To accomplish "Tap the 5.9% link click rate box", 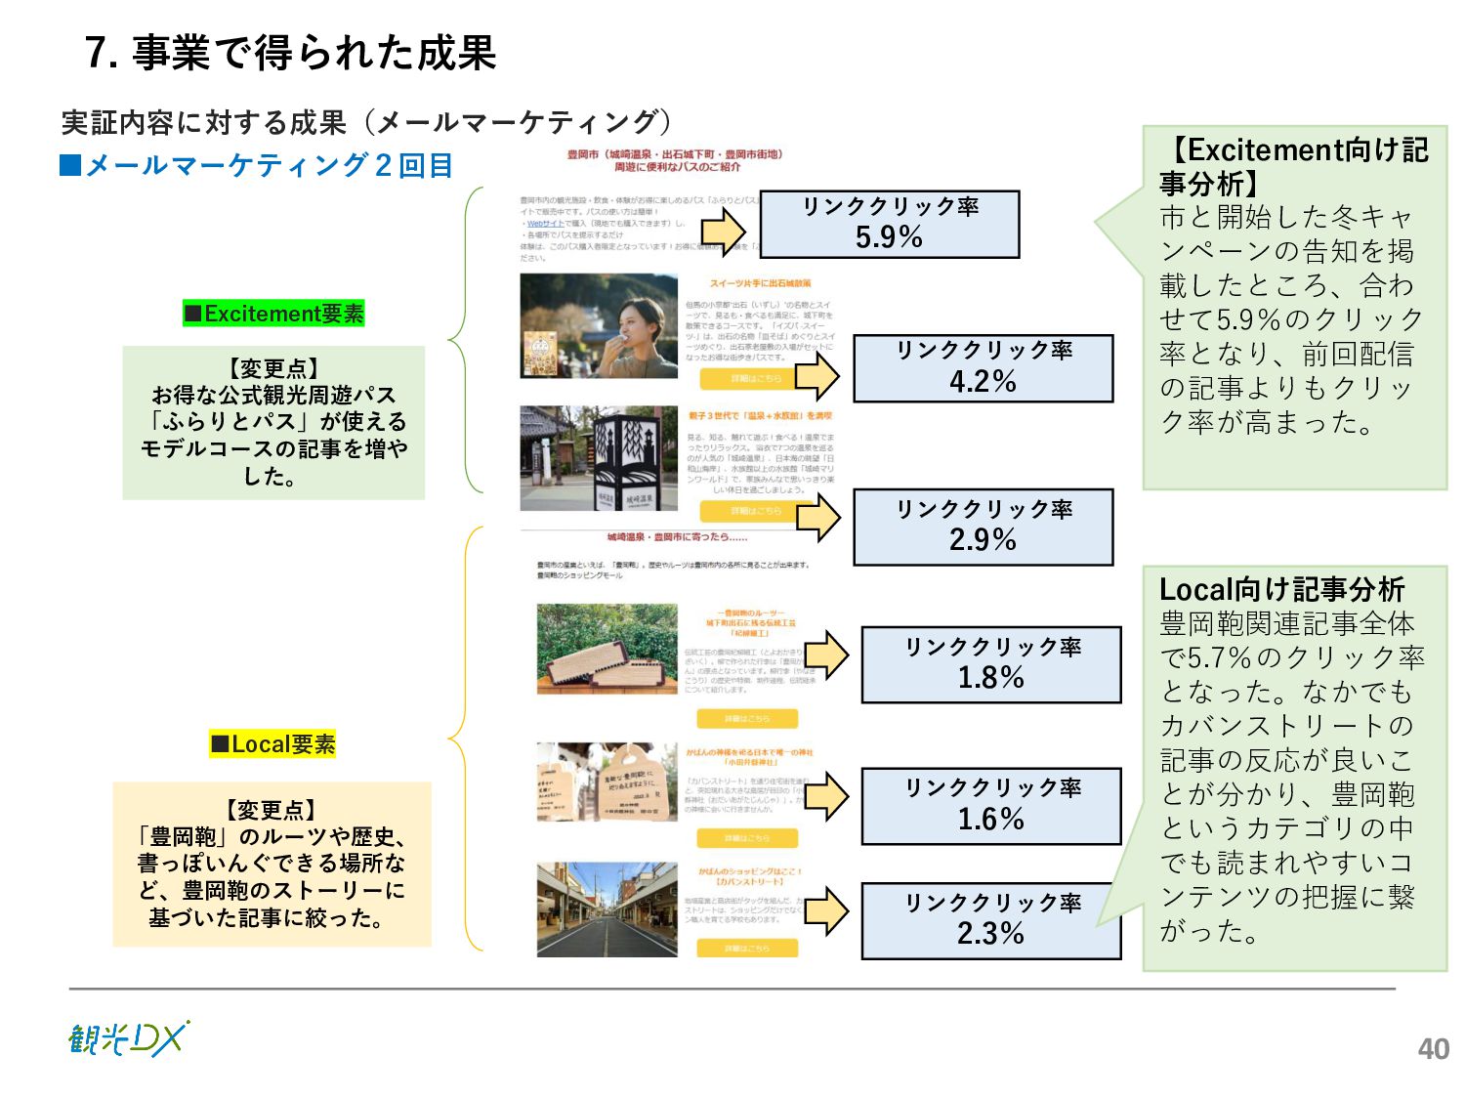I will pyautogui.click(x=889, y=224).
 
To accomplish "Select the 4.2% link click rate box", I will pyautogui.click(x=983, y=367).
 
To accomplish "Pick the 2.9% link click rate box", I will pyautogui.click(x=983, y=527).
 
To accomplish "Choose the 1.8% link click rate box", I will pyautogui.click(x=990, y=664).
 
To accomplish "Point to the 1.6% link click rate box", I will pyautogui.click(x=990, y=806).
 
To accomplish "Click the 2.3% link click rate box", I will pyautogui.click(x=990, y=920).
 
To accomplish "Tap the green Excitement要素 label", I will pyautogui.click(x=273, y=314).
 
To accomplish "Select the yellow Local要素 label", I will pyautogui.click(x=272, y=744).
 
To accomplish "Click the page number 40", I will pyautogui.click(x=1433, y=1048).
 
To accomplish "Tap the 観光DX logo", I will pyautogui.click(x=128, y=1038).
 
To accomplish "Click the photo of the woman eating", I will pyautogui.click(x=599, y=325).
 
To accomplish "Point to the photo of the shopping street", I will pyautogui.click(x=607, y=909).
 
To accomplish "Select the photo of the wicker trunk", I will pyautogui.click(x=607, y=649).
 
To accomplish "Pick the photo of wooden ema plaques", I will pyautogui.click(x=607, y=782).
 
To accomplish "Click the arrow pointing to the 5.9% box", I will pyautogui.click(x=723, y=232).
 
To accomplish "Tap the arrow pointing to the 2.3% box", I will pyautogui.click(x=826, y=911).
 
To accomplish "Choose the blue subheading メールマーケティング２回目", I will pyautogui.click(x=257, y=165).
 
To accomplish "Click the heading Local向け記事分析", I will pyautogui.click(x=1280, y=589).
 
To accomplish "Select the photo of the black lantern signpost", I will pyautogui.click(x=599, y=458).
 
